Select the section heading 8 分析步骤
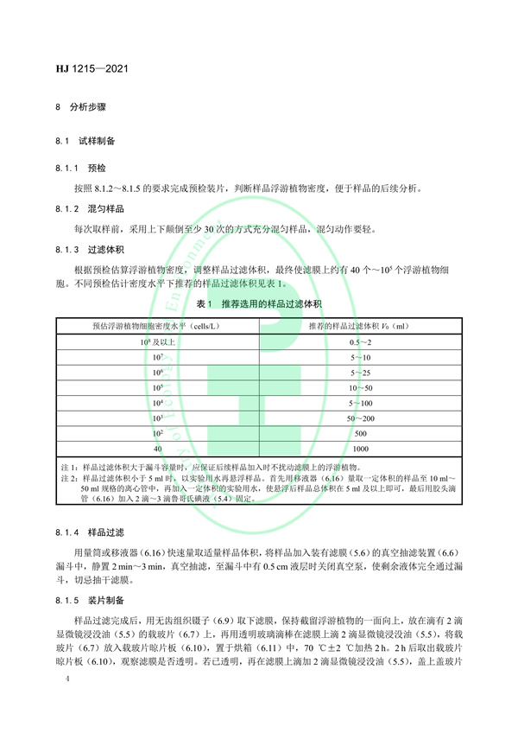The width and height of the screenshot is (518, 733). click(80, 110)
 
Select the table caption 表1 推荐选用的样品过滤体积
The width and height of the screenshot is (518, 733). click(258, 305)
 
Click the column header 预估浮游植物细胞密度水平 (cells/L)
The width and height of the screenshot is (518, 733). click(158, 325)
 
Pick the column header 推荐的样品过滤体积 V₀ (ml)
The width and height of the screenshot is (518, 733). click(359, 325)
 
